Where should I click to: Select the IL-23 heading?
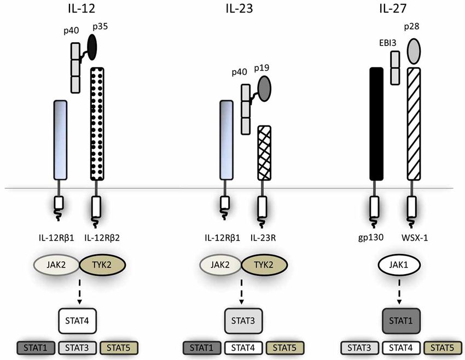pyautogui.click(x=239, y=9)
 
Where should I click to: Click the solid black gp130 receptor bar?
pyautogui.click(x=376, y=124)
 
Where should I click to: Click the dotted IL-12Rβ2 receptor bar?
pyautogui.click(x=96, y=124)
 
